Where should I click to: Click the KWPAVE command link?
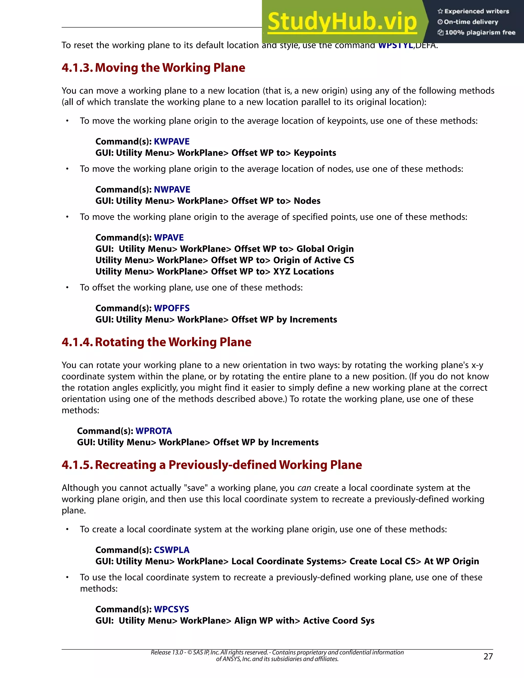coord(172,141)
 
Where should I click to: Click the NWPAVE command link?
coord(172,190)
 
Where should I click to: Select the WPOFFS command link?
coord(172,308)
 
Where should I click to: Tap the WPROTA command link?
coord(154,431)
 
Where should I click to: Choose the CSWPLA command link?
coord(172,550)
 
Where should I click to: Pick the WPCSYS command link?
coord(171,609)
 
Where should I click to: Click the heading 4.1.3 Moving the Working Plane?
coord(153,68)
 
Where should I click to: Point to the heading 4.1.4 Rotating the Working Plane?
coord(156,342)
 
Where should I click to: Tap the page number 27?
coord(488,656)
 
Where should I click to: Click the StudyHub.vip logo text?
coord(342,22)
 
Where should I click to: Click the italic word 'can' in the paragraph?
coord(304,488)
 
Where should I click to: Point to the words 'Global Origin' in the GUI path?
coord(325,249)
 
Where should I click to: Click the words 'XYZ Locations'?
coord(303,272)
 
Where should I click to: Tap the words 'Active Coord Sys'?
coord(339,621)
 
